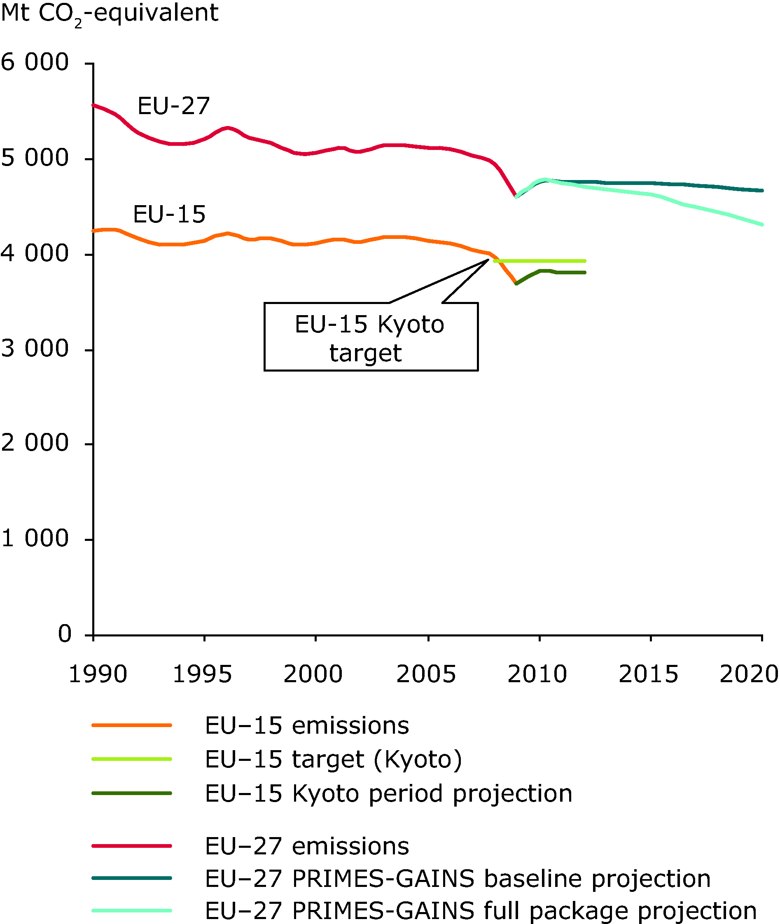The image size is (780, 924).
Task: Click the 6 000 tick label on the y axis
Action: (x=35, y=62)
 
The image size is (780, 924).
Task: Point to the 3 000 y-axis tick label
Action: (x=35, y=349)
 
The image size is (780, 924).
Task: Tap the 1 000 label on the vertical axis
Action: (x=35, y=539)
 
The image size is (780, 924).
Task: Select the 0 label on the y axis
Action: (x=65, y=634)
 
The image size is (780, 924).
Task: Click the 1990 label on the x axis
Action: (x=98, y=674)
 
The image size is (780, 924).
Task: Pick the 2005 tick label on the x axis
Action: (x=426, y=674)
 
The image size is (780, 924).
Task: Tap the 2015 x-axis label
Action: (x=648, y=674)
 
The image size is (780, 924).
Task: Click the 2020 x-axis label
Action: (x=749, y=674)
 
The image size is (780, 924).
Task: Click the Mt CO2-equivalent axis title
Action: (x=109, y=13)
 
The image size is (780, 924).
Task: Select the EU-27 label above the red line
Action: (x=173, y=107)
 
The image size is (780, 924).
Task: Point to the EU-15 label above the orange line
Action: (x=169, y=215)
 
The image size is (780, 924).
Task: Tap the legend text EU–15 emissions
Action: (x=307, y=726)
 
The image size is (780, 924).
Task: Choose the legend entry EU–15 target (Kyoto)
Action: (x=334, y=760)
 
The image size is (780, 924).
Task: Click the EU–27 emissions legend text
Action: (x=307, y=846)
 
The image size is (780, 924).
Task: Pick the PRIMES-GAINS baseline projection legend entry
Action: (x=458, y=878)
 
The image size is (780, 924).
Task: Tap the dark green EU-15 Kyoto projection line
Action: (x=566, y=272)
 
